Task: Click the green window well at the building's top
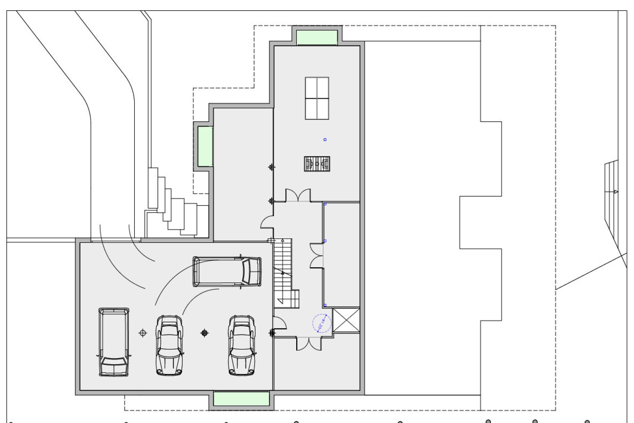[317, 37]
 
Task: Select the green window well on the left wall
[205, 146]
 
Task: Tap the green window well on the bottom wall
[241, 399]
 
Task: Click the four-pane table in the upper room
[317, 98]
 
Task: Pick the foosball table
[317, 164]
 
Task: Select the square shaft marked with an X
[346, 320]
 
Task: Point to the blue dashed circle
[322, 323]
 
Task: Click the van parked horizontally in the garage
[227, 271]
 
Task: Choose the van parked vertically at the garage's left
[114, 342]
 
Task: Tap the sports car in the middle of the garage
[170, 345]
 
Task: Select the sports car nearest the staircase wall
[242, 345]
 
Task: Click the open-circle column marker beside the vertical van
[143, 333]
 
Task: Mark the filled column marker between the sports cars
[205, 333]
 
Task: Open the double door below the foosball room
[298, 195]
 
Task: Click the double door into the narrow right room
[317, 255]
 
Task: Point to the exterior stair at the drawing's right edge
[612, 192]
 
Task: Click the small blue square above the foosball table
[325, 140]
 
